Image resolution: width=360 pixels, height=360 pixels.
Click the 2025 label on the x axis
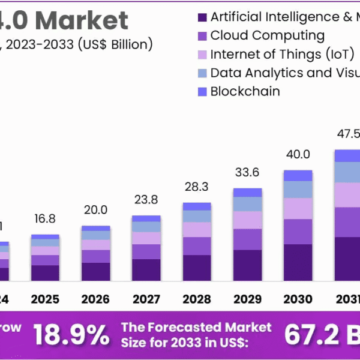coord(45,299)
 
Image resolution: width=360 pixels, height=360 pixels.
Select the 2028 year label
coord(197,299)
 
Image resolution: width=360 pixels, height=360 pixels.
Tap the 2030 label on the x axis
coord(298,299)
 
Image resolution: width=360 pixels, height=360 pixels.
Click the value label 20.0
coord(95,209)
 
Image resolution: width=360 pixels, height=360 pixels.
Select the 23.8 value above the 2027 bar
coord(146,199)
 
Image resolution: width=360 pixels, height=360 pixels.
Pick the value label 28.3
coord(197,187)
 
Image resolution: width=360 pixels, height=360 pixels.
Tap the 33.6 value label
coord(247,173)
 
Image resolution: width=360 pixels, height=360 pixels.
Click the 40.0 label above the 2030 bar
coord(298,154)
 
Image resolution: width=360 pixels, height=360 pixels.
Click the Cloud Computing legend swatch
coord(202,36)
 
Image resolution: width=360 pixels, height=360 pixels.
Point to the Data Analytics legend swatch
coord(202,73)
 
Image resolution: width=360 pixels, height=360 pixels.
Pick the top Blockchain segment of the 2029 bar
coord(247,192)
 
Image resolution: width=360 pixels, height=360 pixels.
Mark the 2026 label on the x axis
coord(95,299)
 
